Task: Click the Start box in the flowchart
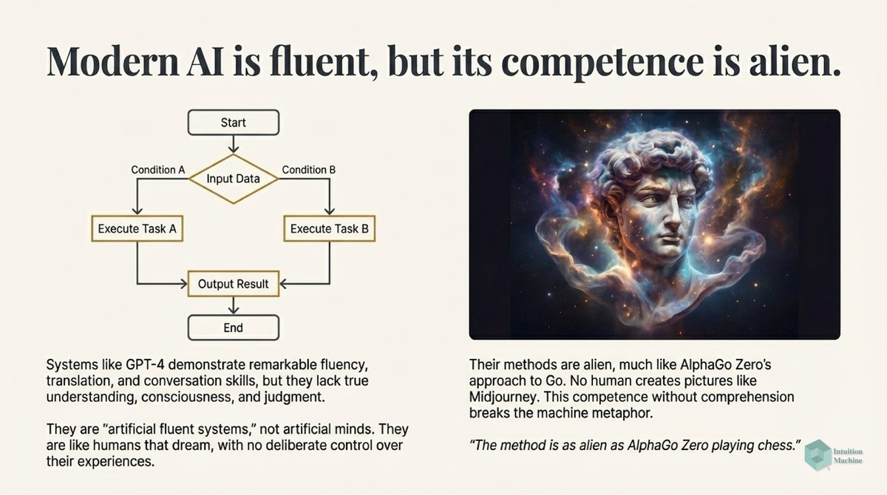point(233,123)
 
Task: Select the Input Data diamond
point(234,179)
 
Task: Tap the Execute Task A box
point(137,229)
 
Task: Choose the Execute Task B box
point(329,229)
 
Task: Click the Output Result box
point(234,284)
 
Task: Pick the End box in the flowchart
point(233,327)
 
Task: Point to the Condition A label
point(158,170)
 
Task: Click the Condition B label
point(309,170)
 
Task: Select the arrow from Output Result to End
point(234,305)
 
